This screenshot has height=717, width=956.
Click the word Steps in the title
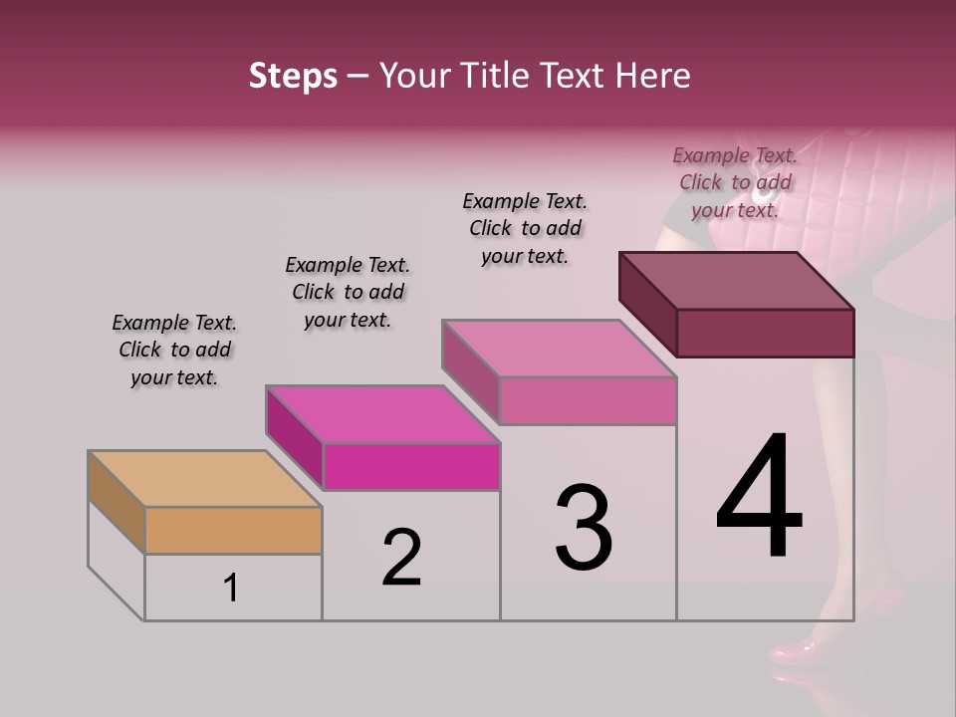point(293,76)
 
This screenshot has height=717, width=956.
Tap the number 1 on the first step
point(231,589)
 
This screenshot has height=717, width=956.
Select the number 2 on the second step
point(401,558)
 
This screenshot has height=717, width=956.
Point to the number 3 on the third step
point(583,528)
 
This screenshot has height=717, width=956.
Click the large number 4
point(759,498)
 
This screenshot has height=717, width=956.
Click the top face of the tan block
point(204,478)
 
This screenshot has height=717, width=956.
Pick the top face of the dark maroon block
point(737,280)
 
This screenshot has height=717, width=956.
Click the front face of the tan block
point(233,530)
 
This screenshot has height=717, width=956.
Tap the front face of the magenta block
point(411,466)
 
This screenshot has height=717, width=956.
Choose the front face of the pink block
point(588,400)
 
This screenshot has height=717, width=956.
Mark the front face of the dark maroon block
point(765,333)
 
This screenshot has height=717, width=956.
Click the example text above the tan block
point(174,350)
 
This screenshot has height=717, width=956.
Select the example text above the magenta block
point(348,292)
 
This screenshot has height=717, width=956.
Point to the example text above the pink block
point(525,228)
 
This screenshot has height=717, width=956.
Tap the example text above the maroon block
point(735,182)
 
